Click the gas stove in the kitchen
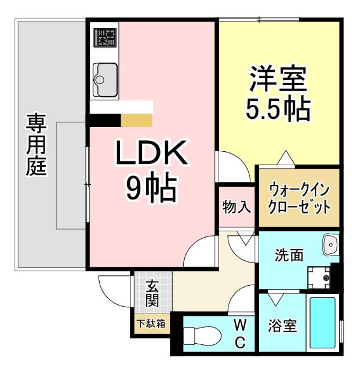click(x=105, y=39)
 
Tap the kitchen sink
click(x=104, y=78)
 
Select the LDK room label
click(x=151, y=154)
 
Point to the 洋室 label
click(x=278, y=80)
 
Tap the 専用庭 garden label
click(x=36, y=145)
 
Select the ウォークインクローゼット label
click(x=299, y=198)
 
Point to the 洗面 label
click(x=289, y=254)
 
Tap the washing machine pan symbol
click(x=318, y=277)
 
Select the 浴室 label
click(x=282, y=326)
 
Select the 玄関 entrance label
click(x=152, y=292)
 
